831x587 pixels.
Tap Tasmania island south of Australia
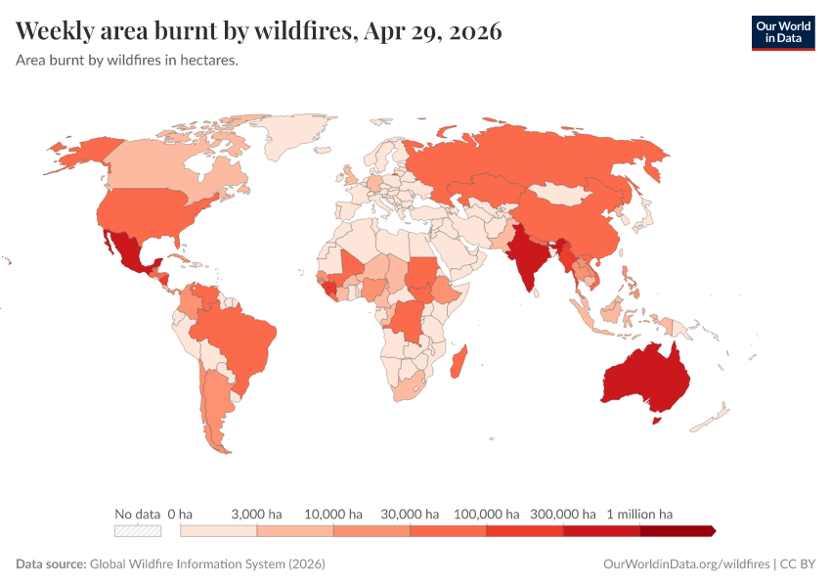[x=657, y=421]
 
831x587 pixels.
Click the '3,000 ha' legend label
[x=256, y=514]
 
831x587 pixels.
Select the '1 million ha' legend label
[x=640, y=514]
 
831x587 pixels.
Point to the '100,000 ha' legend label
[x=486, y=514]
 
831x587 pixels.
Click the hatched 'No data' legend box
[x=137, y=531]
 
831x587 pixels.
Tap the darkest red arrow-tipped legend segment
[x=678, y=531]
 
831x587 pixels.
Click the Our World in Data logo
[x=782, y=32]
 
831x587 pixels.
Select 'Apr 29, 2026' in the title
[x=432, y=31]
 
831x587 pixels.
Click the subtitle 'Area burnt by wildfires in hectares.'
[x=127, y=60]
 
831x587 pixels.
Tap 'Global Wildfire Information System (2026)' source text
[x=207, y=564]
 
